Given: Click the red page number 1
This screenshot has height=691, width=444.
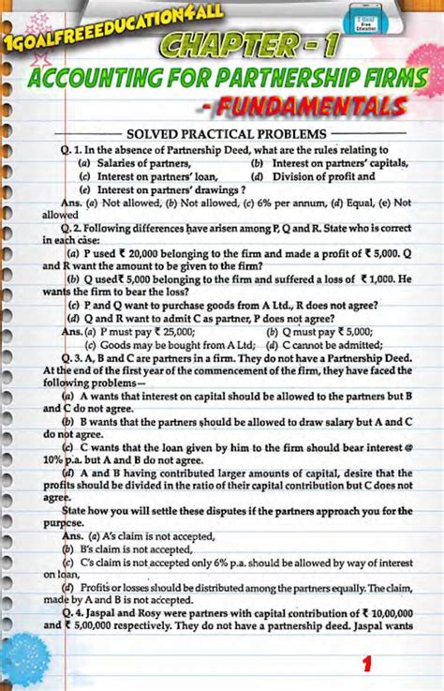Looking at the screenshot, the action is [x=368, y=665].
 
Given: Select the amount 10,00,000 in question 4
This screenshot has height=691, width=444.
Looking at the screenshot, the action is [x=387, y=610].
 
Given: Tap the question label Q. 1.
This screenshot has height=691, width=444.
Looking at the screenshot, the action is [x=69, y=149].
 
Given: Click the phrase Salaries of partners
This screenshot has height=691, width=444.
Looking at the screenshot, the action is [x=136, y=162].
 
